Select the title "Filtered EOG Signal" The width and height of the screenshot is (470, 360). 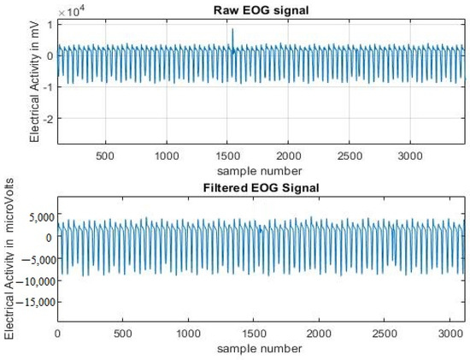pos(263,187)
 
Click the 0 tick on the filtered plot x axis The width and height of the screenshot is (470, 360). pos(57,333)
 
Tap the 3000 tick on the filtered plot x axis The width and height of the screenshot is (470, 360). pos(450,333)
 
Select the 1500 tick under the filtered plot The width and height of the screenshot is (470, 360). pos(254,333)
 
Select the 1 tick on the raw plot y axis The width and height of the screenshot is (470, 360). pos(50,24)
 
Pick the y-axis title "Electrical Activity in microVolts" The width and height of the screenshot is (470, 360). pos(11,257)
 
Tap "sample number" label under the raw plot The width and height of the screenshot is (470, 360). pos(263,170)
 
